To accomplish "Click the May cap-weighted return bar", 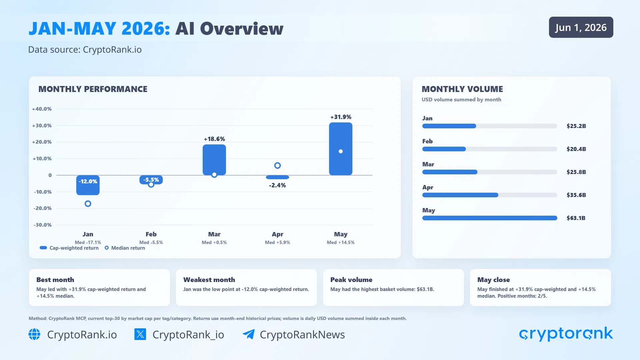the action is [340, 149].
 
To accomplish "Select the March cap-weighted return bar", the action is [214, 160].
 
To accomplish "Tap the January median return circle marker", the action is [88, 204].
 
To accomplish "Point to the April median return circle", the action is [277, 165].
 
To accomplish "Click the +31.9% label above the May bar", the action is [341, 117].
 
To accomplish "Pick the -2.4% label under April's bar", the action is [277, 185].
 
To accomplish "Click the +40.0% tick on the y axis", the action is [42, 109].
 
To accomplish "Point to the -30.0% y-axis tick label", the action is [42, 225].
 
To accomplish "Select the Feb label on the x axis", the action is [151, 234].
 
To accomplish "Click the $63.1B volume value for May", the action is [576, 218].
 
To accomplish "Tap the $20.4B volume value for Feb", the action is [576, 149].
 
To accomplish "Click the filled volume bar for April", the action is [460, 195].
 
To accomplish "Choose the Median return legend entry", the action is [125, 248].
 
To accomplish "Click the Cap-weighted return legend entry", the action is [69, 248].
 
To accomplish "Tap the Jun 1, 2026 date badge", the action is [581, 27].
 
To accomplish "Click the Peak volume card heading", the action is [351, 280].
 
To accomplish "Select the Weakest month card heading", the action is [209, 280].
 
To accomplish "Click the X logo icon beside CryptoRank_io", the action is [140, 334].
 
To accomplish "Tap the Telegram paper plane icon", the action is [249, 334].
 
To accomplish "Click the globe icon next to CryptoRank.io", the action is [34, 334].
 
